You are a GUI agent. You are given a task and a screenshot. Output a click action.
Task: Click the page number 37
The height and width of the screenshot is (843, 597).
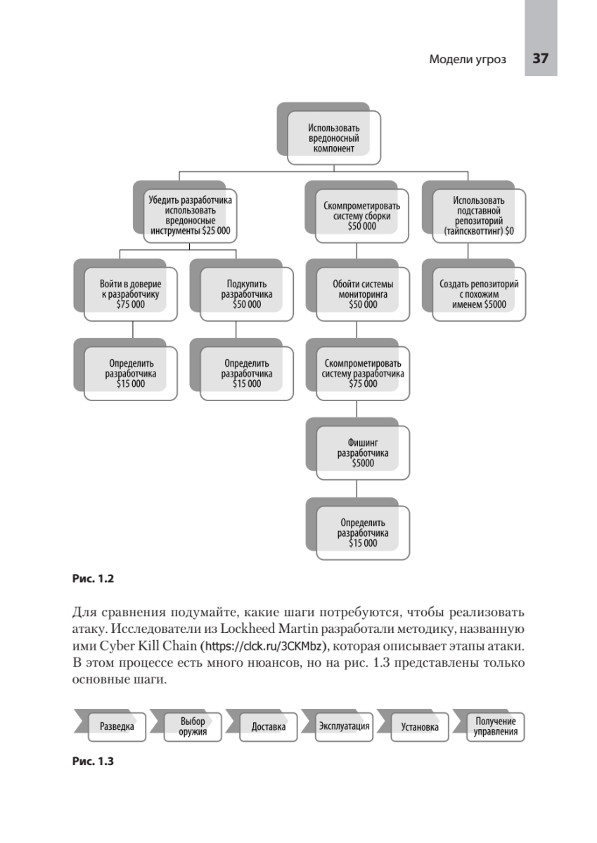[x=540, y=59]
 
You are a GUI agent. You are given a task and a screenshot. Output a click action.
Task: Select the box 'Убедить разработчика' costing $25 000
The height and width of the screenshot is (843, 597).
[x=190, y=214]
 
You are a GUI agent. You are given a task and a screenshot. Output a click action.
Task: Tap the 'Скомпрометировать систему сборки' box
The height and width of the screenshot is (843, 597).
[x=361, y=216]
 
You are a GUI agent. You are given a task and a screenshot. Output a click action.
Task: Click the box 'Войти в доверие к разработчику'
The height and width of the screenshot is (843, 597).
[x=130, y=294]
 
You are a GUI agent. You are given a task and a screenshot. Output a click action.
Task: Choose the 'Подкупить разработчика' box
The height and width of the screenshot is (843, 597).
[x=246, y=294]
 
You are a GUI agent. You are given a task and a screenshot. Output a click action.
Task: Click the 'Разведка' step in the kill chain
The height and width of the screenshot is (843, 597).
[x=116, y=726]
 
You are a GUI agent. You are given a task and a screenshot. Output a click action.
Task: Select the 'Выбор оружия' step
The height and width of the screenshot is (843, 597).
[x=192, y=726]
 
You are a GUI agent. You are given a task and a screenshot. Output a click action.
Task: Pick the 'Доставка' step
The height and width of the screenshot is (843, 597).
[x=268, y=726]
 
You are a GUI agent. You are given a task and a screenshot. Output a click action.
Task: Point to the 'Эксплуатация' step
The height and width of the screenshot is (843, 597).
[x=344, y=726]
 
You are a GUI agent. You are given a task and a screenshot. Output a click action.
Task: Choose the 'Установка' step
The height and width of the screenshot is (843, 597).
[x=420, y=726]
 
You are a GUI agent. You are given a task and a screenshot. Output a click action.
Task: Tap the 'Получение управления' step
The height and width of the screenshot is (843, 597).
[x=495, y=726]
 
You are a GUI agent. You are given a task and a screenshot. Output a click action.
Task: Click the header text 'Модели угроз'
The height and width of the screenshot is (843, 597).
[x=467, y=60]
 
